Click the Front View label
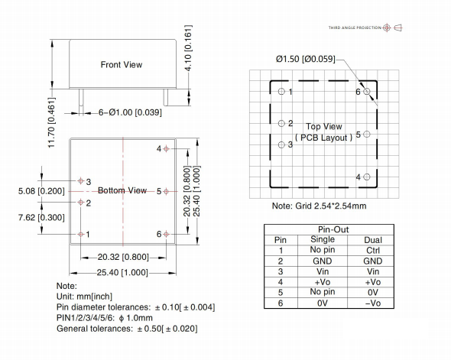tap(122, 65)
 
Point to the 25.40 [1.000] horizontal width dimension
tap(122, 272)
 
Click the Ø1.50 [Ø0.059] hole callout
tap(305, 59)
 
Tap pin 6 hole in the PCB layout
tap(368, 92)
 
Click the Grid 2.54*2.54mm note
tap(320, 206)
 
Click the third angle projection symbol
tap(391, 28)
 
